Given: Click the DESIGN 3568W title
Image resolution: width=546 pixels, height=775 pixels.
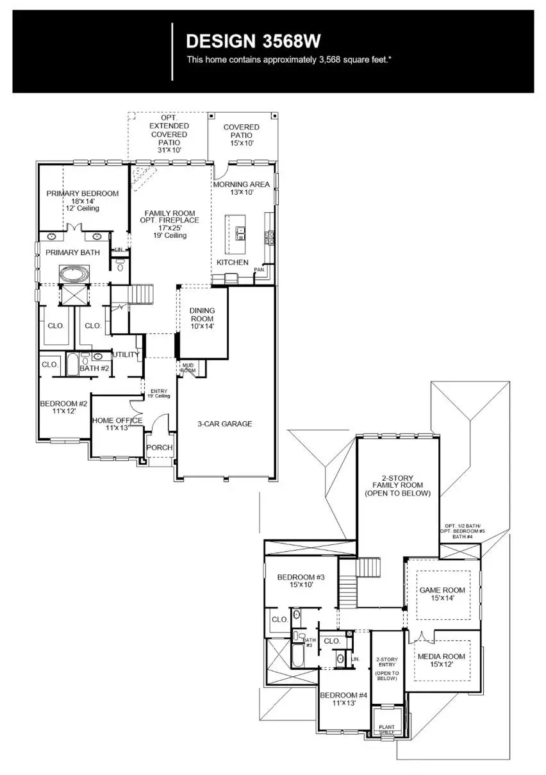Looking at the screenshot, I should click(x=252, y=42).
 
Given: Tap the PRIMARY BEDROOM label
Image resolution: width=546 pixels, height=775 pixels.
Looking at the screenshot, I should click(x=82, y=194).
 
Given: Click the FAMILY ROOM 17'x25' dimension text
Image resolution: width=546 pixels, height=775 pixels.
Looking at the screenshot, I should click(x=169, y=228).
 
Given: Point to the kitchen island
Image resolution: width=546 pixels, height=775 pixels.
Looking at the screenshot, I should click(x=236, y=235).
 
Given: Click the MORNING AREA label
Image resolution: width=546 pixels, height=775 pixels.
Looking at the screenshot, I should click(x=242, y=185).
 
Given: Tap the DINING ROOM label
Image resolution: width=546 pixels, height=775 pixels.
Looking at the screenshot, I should click(x=202, y=315).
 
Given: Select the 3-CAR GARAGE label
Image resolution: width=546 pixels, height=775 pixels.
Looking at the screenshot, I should click(x=224, y=424).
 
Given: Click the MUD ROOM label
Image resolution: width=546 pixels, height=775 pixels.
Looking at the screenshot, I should click(x=188, y=368).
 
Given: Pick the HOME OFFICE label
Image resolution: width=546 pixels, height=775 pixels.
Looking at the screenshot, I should click(x=117, y=421).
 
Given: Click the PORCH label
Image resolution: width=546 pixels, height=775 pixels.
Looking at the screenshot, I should click(x=159, y=447).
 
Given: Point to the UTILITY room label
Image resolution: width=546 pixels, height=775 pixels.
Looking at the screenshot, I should click(x=126, y=354).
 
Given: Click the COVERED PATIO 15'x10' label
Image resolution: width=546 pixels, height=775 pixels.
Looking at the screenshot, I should click(x=242, y=131).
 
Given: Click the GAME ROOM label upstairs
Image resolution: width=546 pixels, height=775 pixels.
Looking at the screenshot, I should click(x=442, y=590).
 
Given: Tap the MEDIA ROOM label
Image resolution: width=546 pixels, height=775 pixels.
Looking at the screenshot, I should click(x=441, y=657).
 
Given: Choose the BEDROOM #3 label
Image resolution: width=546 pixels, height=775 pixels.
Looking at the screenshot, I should click(x=301, y=578).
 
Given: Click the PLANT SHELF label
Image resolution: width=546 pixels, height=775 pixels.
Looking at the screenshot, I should click(x=386, y=729).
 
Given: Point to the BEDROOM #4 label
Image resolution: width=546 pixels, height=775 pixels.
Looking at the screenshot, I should click(x=343, y=696).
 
